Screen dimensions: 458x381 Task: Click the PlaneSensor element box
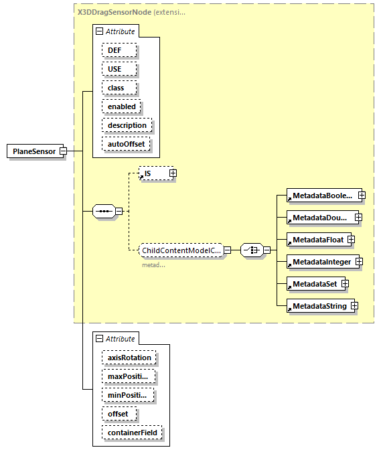[33, 151]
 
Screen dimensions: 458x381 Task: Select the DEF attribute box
[119, 50]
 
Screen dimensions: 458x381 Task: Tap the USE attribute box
[119, 69]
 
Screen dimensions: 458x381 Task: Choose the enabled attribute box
[121, 106]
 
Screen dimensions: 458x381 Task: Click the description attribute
[127, 125]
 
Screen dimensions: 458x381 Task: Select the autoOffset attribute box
[126, 144]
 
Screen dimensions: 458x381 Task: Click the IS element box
[153, 173]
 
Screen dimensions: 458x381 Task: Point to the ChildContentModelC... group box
[181, 250]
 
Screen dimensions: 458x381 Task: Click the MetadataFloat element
[315, 240]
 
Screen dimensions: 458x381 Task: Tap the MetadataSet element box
[313, 284]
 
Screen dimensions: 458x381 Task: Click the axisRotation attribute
[129, 358]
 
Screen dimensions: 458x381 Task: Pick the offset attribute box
[119, 414]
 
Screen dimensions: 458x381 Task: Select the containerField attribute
[131, 433]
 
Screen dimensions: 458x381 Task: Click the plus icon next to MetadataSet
[346, 284]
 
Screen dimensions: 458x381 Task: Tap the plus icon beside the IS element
[173, 173]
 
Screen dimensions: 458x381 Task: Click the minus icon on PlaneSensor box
[63, 151]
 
